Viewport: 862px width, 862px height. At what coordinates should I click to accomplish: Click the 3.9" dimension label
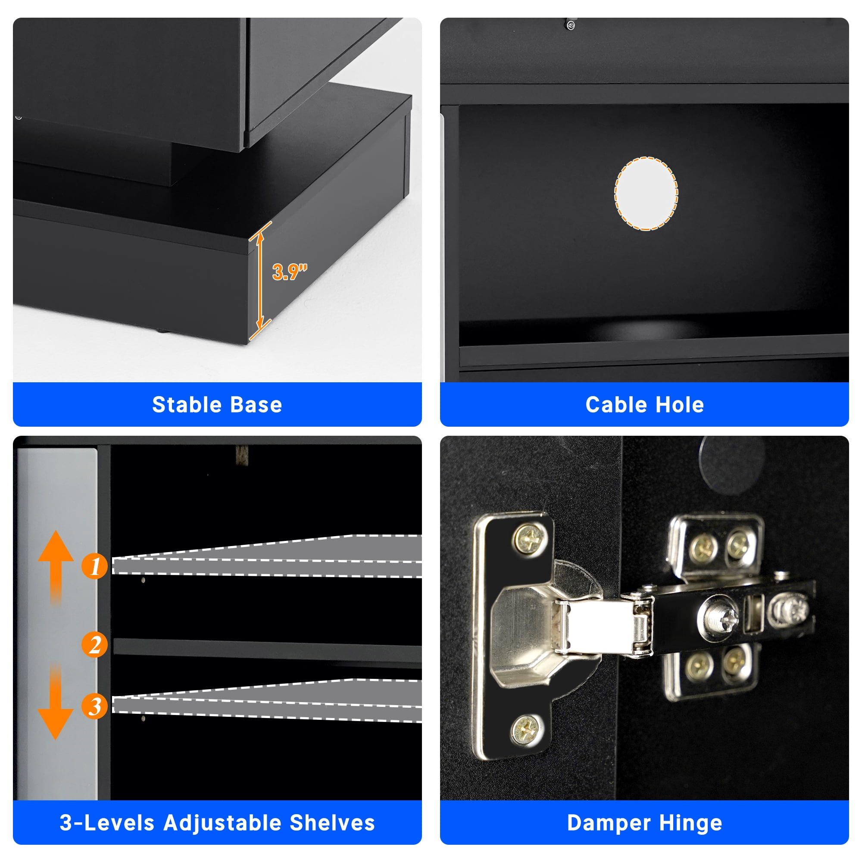pyautogui.click(x=290, y=272)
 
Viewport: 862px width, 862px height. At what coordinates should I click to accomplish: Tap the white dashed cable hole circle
pyautogui.click(x=646, y=194)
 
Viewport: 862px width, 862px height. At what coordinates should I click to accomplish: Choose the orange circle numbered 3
pyautogui.click(x=94, y=706)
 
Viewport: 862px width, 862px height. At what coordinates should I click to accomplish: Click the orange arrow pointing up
pyautogui.click(x=56, y=567)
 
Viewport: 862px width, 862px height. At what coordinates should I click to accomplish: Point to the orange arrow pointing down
pyautogui.click(x=56, y=701)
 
